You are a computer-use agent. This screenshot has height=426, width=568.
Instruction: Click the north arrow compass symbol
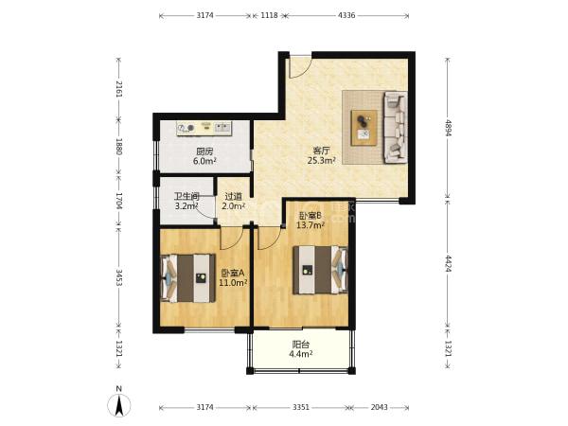point(119,403)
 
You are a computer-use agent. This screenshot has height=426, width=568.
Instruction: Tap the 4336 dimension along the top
point(346,15)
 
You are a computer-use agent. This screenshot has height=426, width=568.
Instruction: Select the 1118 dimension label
point(269,15)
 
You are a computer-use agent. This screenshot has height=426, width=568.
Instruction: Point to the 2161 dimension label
point(119,89)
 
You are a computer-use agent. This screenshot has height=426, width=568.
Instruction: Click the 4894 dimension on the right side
point(448,128)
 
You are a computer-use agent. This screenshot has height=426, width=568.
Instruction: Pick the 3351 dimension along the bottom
point(301,407)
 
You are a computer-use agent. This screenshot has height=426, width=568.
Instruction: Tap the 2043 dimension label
point(380,407)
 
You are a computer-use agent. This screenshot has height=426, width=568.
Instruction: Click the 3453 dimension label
point(119,277)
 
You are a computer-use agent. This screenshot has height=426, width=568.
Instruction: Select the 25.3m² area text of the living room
point(321,161)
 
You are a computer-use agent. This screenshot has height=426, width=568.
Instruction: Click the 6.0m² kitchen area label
point(204,161)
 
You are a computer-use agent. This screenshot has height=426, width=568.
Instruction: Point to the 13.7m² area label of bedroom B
point(311,225)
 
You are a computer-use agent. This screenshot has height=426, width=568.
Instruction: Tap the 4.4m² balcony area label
point(301,354)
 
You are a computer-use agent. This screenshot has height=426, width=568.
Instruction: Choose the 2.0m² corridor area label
point(234,206)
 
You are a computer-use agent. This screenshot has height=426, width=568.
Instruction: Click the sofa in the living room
point(395,127)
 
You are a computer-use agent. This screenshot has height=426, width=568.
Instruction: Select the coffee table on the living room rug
point(364,128)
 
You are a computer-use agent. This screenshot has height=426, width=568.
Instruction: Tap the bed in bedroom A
point(188,278)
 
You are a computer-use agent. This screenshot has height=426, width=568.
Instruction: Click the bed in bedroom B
point(320,270)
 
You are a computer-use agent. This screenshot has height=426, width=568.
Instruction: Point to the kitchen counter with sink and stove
point(204,128)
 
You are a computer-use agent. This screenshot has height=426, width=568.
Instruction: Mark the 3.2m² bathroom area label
point(186,206)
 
